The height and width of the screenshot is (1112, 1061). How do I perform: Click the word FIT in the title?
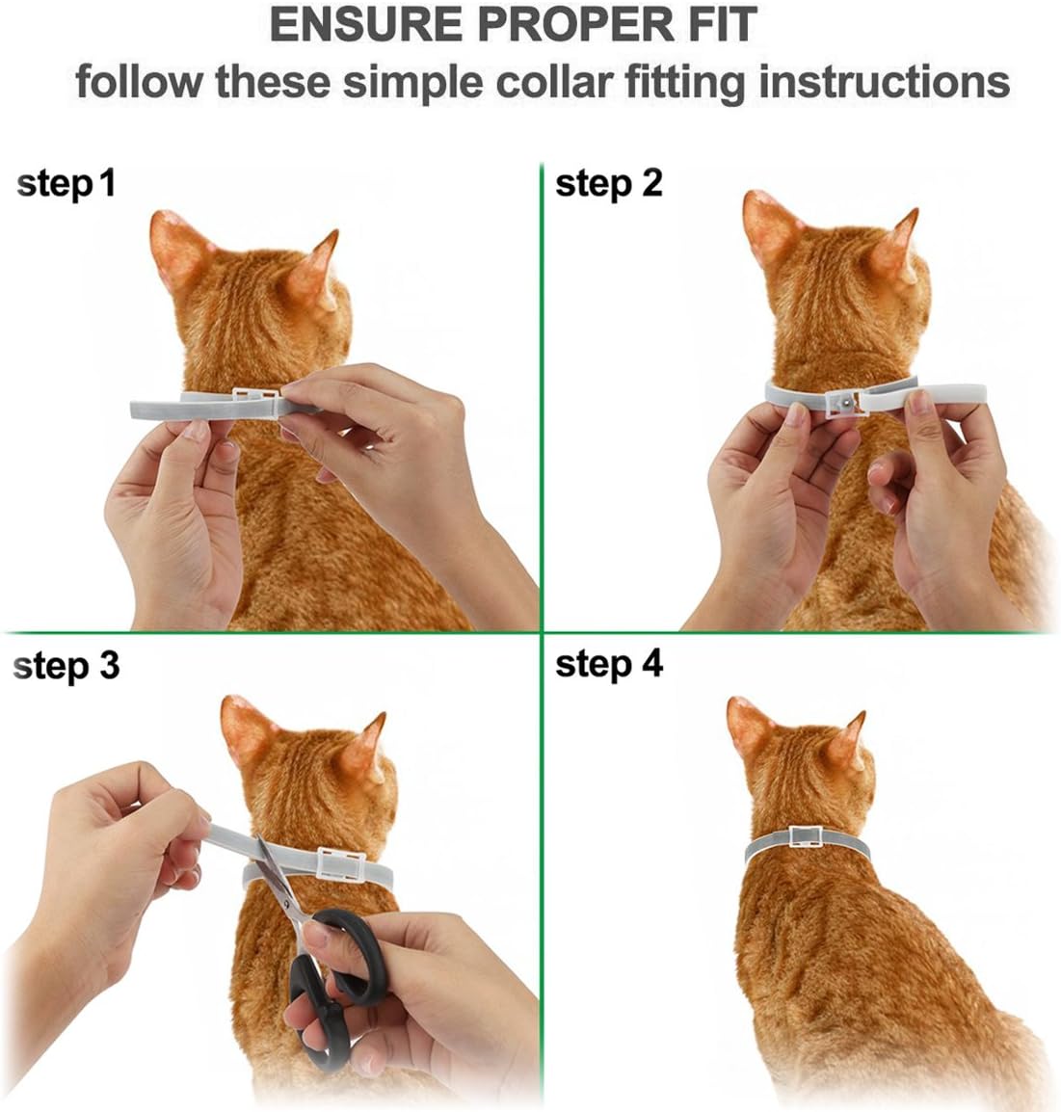716,24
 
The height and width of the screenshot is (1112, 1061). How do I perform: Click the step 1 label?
66,182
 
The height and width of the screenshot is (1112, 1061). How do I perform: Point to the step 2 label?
609,182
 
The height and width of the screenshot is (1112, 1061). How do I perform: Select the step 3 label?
66,665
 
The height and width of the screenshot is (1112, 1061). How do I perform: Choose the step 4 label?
609,664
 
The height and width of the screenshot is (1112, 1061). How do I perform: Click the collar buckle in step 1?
255,398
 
